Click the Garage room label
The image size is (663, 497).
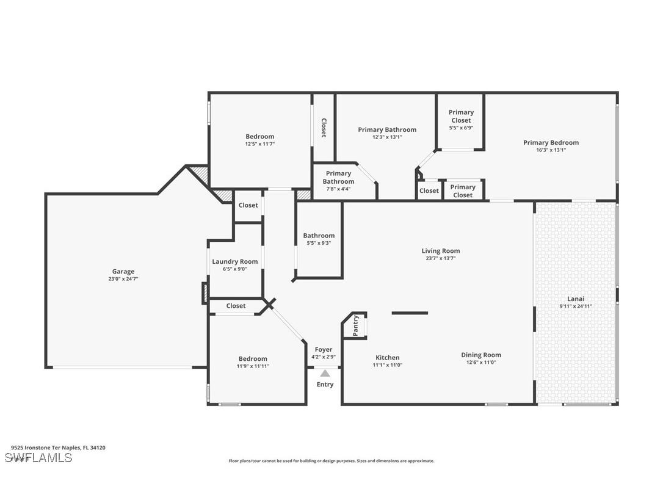(123, 272)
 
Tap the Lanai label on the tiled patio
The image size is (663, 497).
(576, 299)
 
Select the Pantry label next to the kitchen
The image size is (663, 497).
(356, 325)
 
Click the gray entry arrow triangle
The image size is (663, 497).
(325, 373)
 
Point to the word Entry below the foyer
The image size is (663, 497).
(325, 384)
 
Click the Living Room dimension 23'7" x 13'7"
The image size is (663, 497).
(440, 258)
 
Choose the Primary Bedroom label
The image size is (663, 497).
(551, 142)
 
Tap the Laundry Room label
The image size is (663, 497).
(234, 261)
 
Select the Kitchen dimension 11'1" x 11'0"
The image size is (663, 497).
(387, 365)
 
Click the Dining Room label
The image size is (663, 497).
(480, 355)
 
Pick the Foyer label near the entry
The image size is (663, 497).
(323, 349)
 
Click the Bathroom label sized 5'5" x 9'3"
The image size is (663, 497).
(319, 236)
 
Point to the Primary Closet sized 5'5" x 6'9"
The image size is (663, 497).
(461, 116)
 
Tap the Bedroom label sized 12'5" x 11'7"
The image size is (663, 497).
(259, 136)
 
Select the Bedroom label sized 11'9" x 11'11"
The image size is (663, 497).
(252, 358)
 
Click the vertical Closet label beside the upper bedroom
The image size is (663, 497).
(324, 128)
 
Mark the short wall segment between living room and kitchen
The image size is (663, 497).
(410, 313)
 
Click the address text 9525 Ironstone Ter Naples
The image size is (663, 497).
(58, 448)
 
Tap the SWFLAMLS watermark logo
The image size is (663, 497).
(38, 457)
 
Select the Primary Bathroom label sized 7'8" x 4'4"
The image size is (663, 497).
(338, 177)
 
